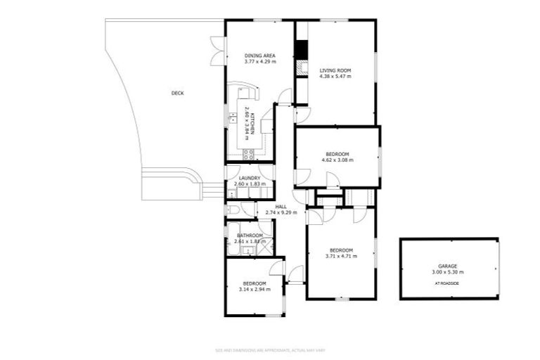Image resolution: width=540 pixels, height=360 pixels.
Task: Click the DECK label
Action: pos(177,93)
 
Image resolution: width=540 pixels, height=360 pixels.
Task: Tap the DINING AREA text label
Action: pos(259,56)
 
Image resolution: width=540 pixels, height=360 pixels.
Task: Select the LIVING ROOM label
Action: pos(335,70)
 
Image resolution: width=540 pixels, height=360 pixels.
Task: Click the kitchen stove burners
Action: pos(247,155)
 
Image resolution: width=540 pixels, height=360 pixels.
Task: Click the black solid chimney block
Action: pos(302,51)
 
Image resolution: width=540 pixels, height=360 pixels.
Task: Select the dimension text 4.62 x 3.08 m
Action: pos(337,160)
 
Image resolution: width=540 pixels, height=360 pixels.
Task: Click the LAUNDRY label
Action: pos(250,178)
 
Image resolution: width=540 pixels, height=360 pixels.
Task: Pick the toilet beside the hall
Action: pos(233,210)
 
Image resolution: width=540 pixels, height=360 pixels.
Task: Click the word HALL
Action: pos(281,206)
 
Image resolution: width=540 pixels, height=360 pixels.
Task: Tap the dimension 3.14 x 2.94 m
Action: pos(255,289)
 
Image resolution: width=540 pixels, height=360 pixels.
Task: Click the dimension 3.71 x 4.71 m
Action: pos(341,257)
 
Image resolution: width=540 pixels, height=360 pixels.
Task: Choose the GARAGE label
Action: pos(448,266)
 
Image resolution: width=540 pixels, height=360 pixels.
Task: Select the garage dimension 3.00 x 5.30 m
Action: pos(448,272)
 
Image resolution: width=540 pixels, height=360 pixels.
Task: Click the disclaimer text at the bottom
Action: pos(270,349)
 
